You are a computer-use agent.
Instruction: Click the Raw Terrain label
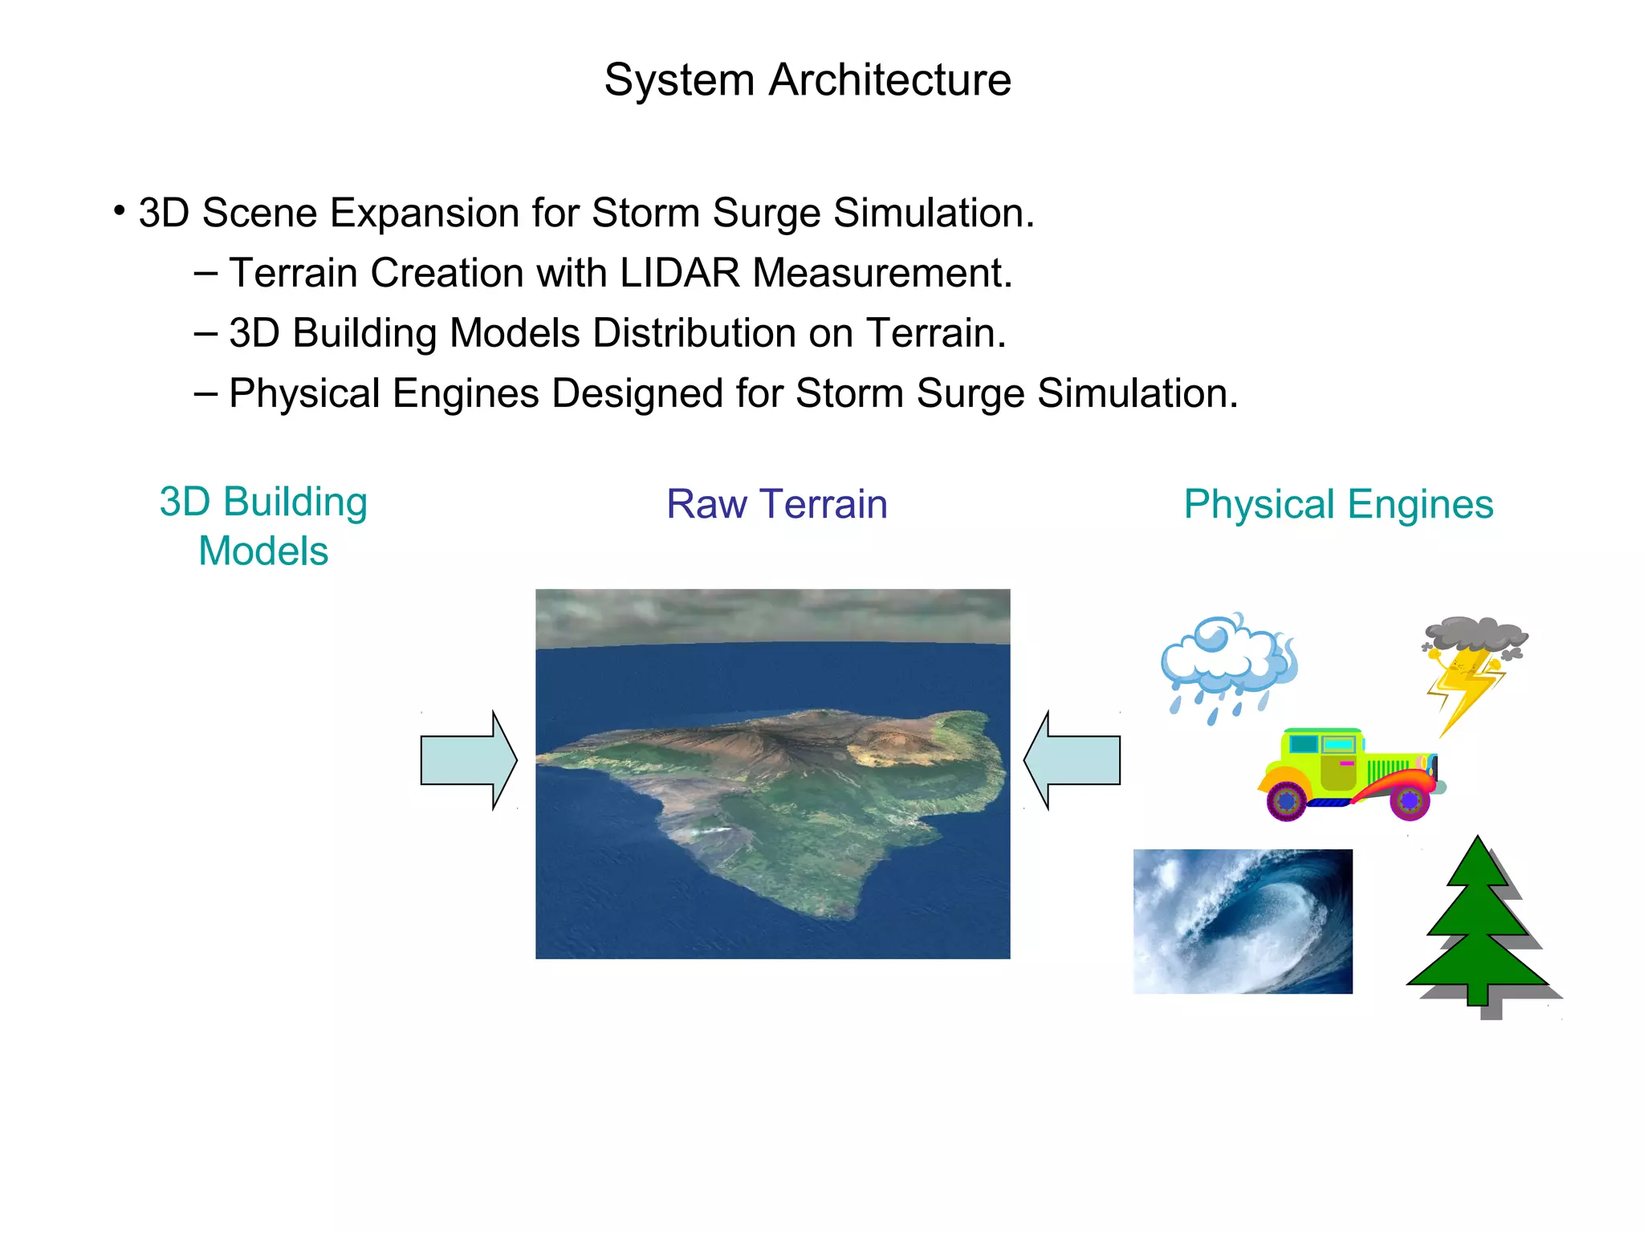coord(776,504)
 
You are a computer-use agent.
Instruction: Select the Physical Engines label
coord(1338,504)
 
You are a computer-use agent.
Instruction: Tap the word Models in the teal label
coord(263,551)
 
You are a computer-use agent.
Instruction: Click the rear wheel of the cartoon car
coord(1286,800)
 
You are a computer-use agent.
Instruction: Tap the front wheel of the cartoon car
coord(1410,800)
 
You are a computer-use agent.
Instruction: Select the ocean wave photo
coord(1243,921)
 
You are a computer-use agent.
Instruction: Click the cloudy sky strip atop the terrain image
coord(772,616)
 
